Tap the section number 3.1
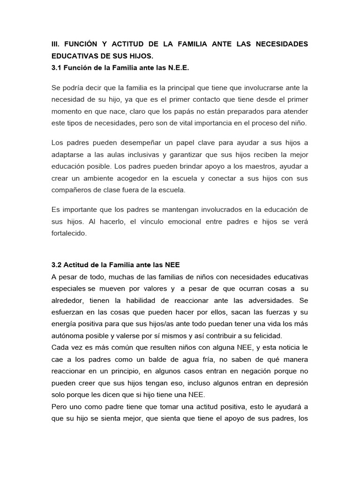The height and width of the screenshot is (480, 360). click(57, 68)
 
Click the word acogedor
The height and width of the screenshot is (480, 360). click(150, 179)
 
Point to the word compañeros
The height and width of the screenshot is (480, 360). click(72, 190)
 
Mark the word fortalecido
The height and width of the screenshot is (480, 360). click(69, 233)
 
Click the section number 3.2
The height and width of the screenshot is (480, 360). click(57, 265)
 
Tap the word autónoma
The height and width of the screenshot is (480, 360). click(68, 336)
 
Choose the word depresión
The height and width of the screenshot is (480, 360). click(290, 383)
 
